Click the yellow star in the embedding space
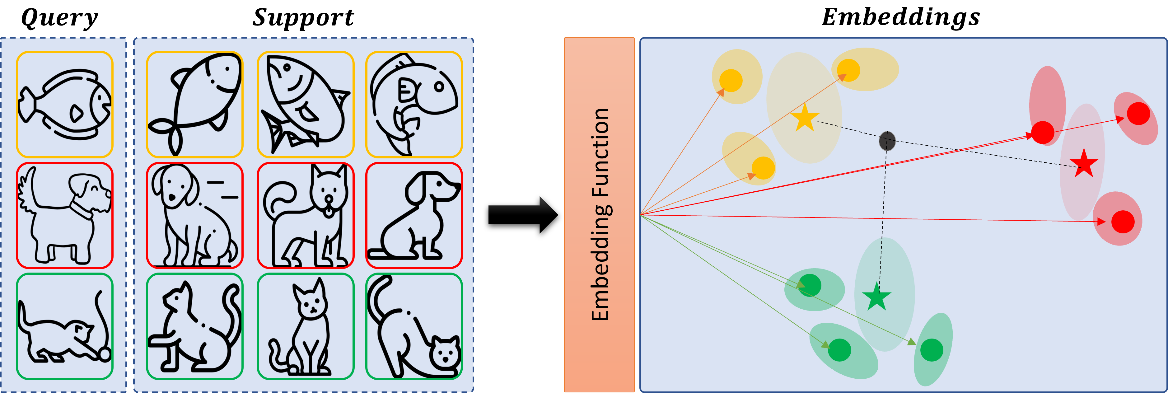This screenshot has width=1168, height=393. pyautogui.click(x=805, y=118)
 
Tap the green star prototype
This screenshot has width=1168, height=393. pyautogui.click(x=876, y=297)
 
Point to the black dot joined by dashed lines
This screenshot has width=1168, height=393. pyautogui.click(x=887, y=141)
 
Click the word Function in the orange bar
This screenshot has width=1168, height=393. pyautogui.click(x=600, y=152)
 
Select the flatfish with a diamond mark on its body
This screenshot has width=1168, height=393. pyautogui.click(x=64, y=104)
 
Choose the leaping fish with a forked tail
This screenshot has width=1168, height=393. pyautogui.click(x=195, y=104)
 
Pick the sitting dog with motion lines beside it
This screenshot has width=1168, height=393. pyautogui.click(x=195, y=215)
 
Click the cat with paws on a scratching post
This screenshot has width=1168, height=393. pyautogui.click(x=195, y=326)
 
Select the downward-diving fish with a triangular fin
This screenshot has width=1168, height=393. pyautogui.click(x=305, y=104)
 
